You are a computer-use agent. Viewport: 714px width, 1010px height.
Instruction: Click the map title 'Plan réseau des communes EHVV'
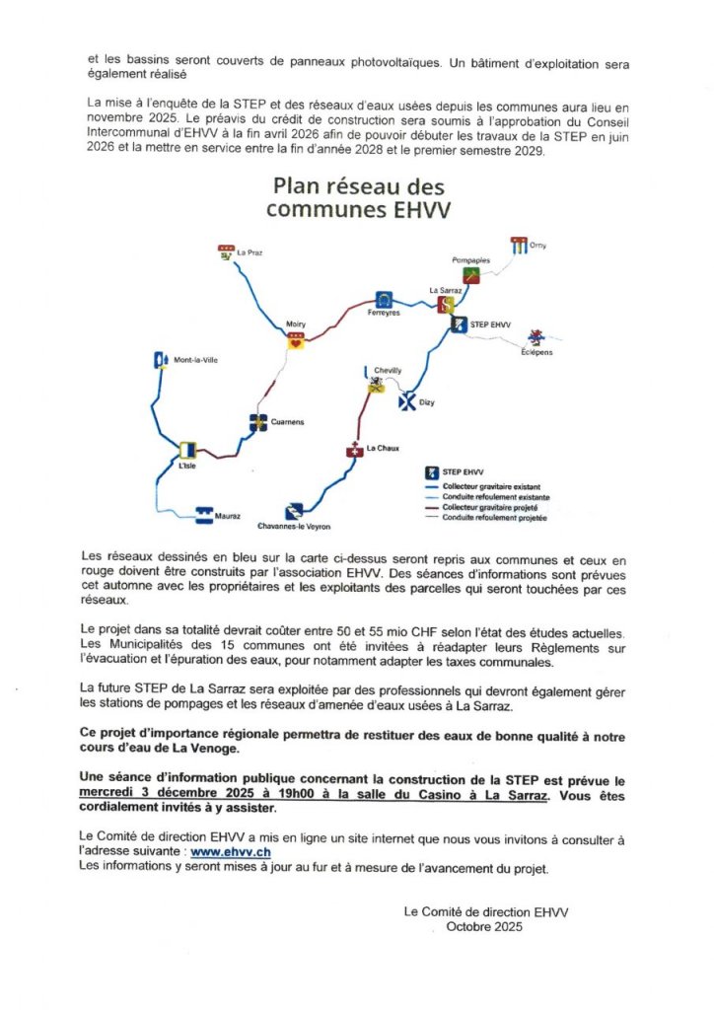coord(358,196)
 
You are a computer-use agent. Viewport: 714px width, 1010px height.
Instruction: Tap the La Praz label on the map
coord(250,253)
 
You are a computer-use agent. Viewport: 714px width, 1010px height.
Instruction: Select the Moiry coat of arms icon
coord(295,341)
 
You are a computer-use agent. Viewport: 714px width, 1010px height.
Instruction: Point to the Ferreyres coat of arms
coord(384,300)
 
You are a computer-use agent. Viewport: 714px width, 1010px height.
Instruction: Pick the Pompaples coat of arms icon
coord(471,275)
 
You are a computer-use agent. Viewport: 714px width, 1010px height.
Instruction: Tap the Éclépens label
coord(536,352)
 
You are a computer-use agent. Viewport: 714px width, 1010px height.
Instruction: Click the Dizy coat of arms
coord(406,401)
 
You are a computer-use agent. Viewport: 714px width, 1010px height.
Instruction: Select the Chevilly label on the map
coord(388,370)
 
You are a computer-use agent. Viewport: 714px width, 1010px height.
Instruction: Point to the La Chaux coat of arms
coord(354,451)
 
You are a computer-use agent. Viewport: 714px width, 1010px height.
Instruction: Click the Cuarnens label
coord(288,422)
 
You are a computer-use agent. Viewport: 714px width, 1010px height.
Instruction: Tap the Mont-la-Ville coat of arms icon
coord(162,361)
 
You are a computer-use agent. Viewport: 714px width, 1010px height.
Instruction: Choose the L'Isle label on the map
coord(187,466)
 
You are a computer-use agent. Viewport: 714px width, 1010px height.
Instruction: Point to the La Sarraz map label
coord(445,291)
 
